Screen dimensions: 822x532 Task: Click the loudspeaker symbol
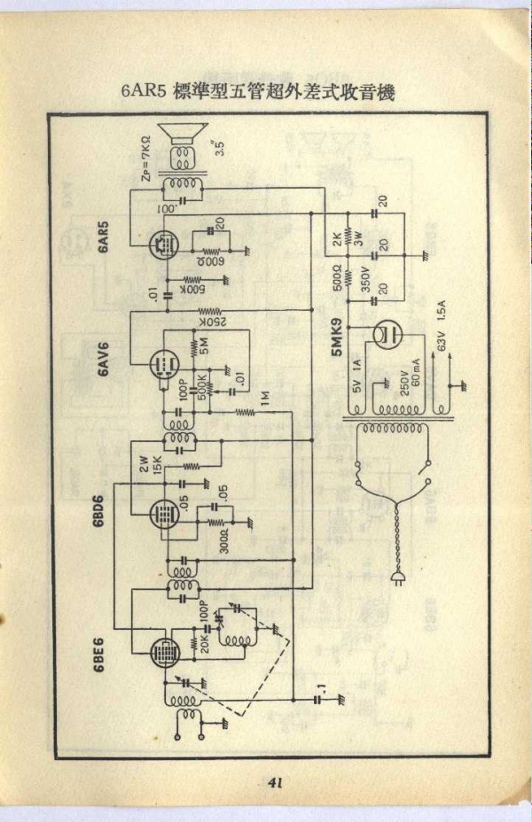pos(184,136)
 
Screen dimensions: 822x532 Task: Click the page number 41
pos(273,782)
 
